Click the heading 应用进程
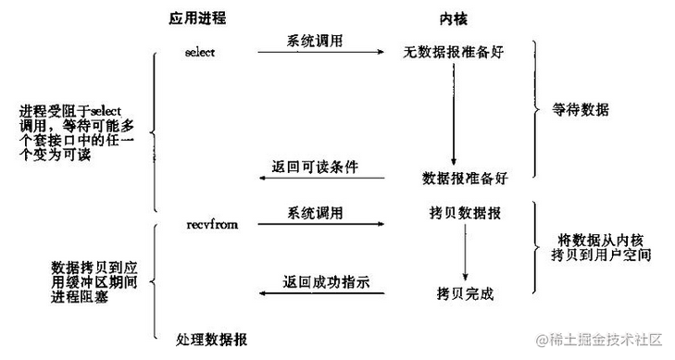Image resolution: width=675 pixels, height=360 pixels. [x=198, y=19]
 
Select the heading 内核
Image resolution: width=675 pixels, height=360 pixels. [x=451, y=19]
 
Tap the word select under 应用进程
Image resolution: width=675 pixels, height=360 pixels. [x=199, y=52]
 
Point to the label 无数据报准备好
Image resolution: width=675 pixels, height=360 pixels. [x=452, y=52]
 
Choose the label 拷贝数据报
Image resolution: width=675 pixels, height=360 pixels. [x=465, y=214]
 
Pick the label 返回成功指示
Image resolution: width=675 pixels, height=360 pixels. [x=319, y=282]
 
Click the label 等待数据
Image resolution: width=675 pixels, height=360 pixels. [x=581, y=109]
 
